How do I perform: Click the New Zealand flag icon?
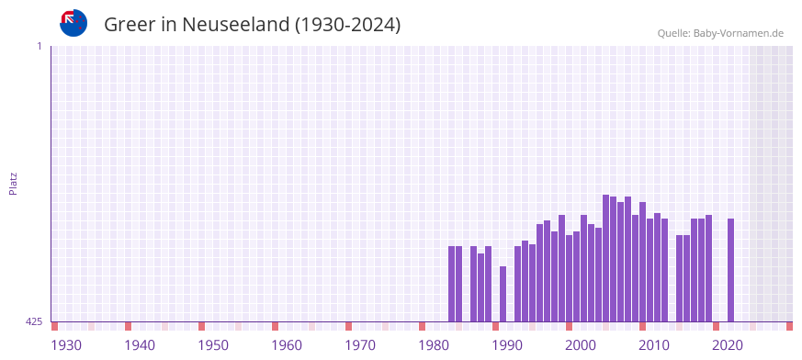(x=73, y=23)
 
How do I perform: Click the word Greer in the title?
(x=130, y=25)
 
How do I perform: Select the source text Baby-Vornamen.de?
(x=739, y=33)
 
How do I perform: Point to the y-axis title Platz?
(x=13, y=183)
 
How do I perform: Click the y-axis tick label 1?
(x=40, y=46)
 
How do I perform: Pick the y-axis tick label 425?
(x=34, y=321)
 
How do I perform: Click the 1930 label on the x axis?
(x=66, y=345)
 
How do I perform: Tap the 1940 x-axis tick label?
(x=140, y=345)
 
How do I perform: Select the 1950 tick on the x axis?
(x=213, y=345)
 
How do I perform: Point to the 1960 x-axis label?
(x=287, y=345)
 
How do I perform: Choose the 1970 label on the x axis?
(x=360, y=345)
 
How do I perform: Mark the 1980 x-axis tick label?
(x=434, y=345)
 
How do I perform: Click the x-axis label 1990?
(x=507, y=345)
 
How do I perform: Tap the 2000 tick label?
(x=581, y=345)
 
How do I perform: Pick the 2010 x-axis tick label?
(x=654, y=345)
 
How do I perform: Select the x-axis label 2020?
(x=728, y=345)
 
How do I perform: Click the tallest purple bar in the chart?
(x=606, y=258)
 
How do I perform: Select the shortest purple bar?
(x=503, y=294)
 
